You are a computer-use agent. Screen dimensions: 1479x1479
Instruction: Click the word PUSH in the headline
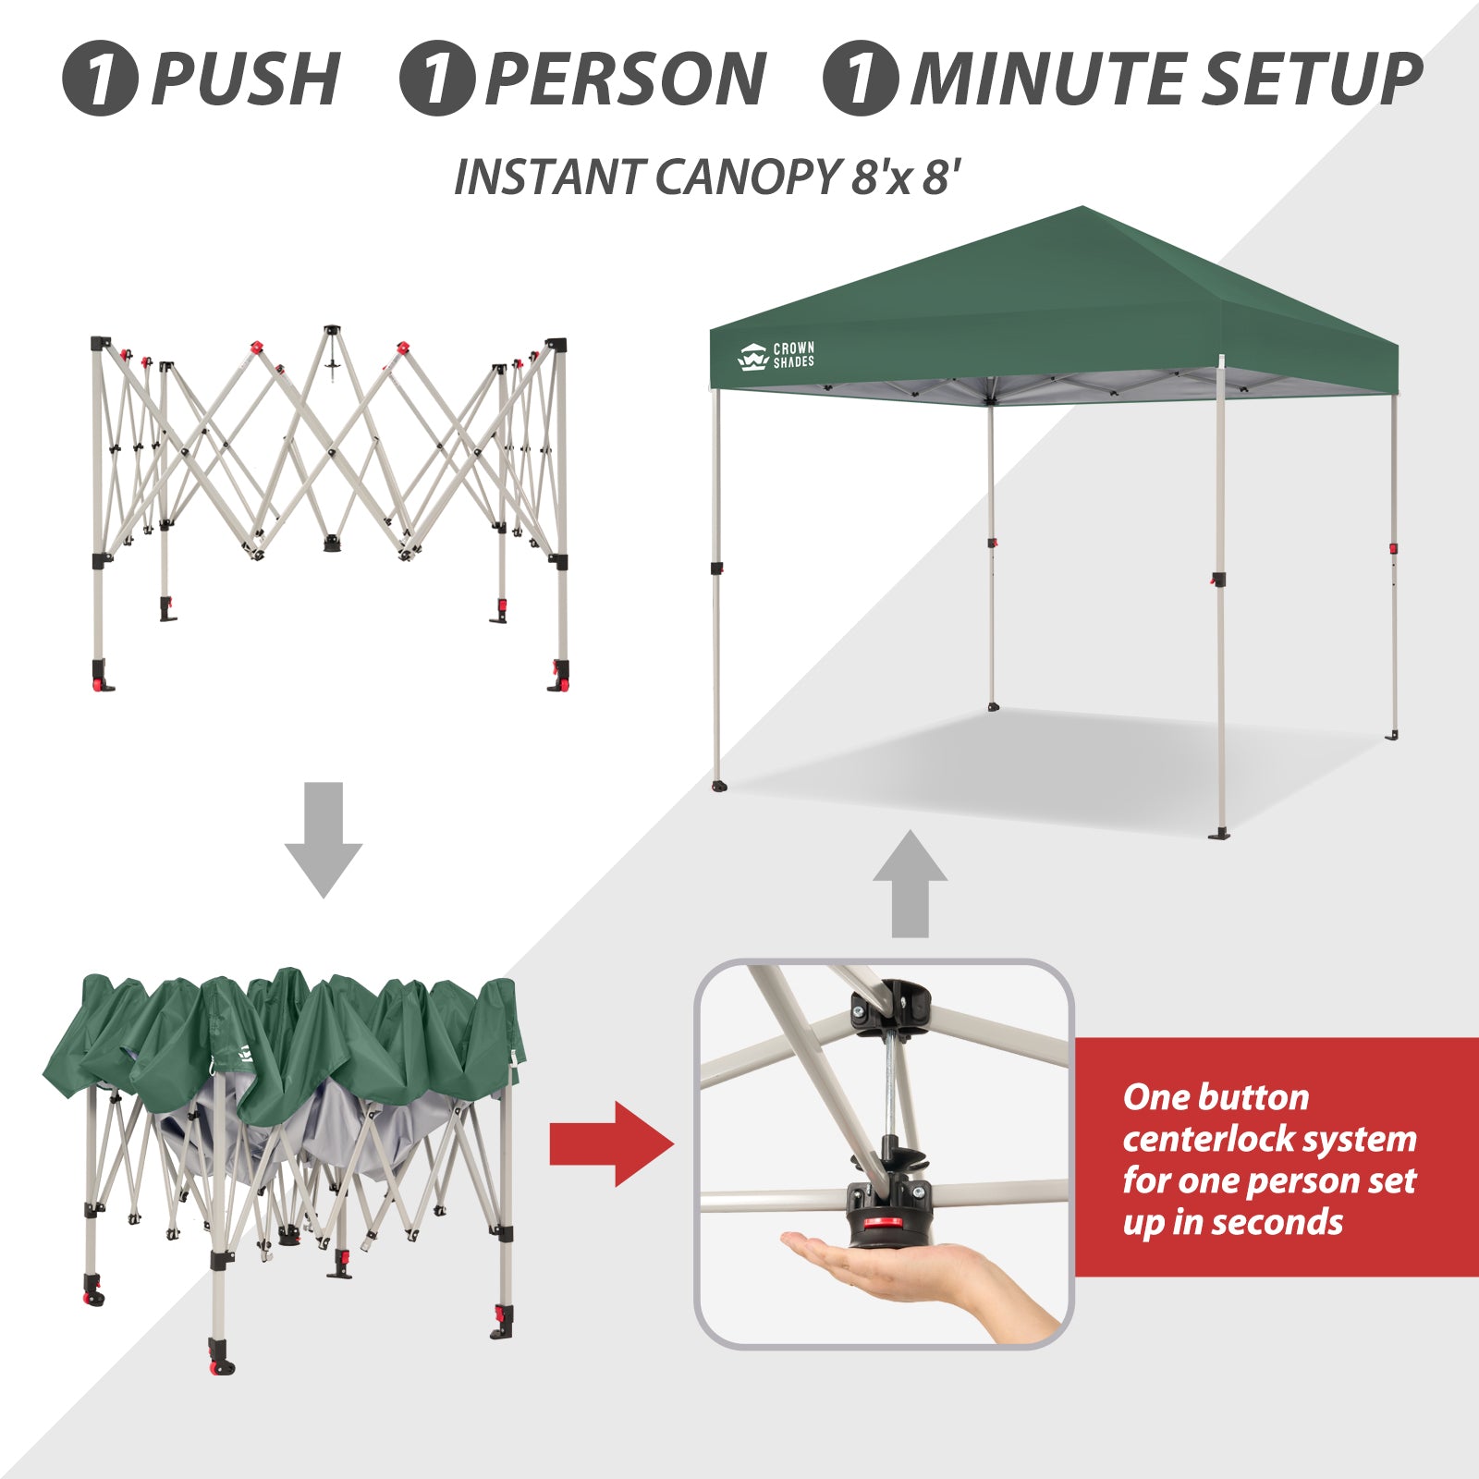[246, 79]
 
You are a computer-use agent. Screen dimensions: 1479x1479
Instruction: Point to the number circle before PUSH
[100, 79]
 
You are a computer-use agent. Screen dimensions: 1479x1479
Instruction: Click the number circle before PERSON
[437, 79]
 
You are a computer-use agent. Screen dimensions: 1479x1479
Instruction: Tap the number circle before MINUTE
[861, 79]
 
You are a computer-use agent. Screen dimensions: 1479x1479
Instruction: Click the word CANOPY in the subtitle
[746, 177]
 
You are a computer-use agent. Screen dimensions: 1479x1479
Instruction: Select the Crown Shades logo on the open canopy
[776, 356]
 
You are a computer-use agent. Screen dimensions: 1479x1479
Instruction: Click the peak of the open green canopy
[1082, 208]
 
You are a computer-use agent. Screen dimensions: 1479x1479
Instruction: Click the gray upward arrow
[911, 884]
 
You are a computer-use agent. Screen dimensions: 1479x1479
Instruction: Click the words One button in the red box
[1216, 1097]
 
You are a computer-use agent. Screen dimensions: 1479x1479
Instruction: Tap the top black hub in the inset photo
[893, 1000]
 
